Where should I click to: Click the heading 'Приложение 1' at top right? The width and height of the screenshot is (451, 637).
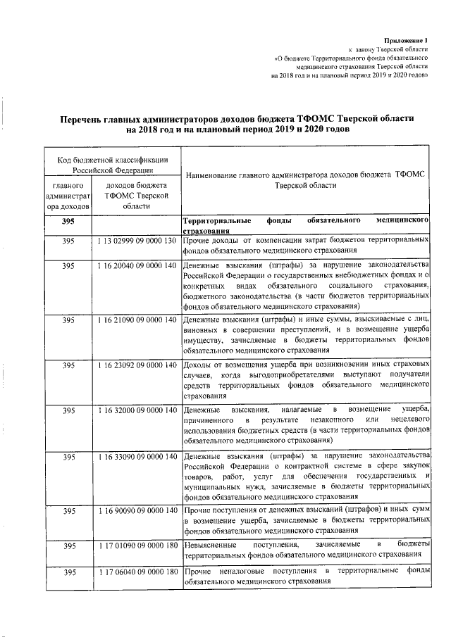coord(407,42)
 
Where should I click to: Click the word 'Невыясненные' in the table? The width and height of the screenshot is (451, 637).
coord(210,545)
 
